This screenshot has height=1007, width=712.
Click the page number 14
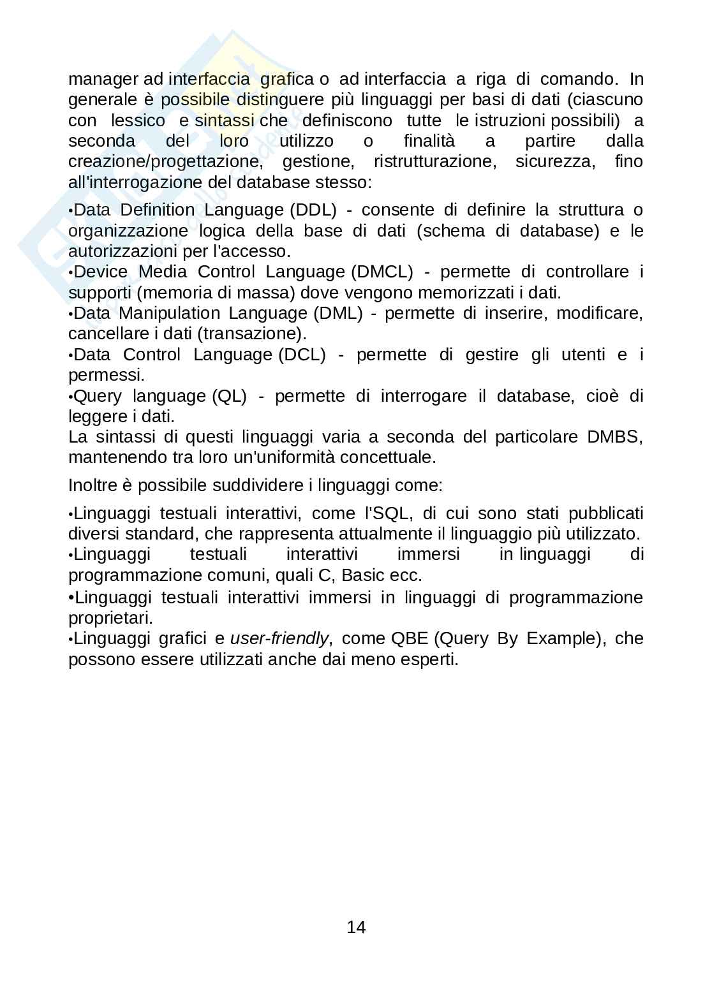point(356,927)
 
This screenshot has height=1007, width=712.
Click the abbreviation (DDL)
point(313,210)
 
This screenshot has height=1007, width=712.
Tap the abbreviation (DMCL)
point(382,272)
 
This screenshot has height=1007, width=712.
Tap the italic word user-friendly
point(279,638)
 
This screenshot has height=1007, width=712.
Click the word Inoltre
point(93,485)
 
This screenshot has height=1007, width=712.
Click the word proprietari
point(110,618)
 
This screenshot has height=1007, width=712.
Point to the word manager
point(103,79)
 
